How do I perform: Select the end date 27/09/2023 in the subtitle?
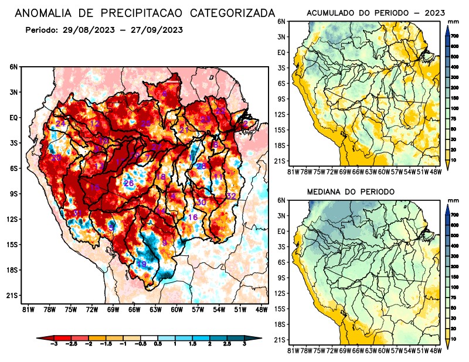pos(155,29)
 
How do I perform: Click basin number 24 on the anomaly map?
pos(60,124)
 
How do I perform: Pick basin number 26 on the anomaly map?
pos(129,183)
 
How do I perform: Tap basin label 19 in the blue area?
pos(141,264)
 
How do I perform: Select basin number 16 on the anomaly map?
pos(192,217)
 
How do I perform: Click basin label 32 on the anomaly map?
pos(231,196)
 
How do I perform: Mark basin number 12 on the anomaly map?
pos(95,123)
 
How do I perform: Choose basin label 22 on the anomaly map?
pos(220,111)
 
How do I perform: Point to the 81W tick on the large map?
pos(27,310)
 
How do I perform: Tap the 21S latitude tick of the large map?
pos(13,295)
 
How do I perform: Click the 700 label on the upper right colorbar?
pos(454,36)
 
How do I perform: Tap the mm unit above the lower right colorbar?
pos(453,200)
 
